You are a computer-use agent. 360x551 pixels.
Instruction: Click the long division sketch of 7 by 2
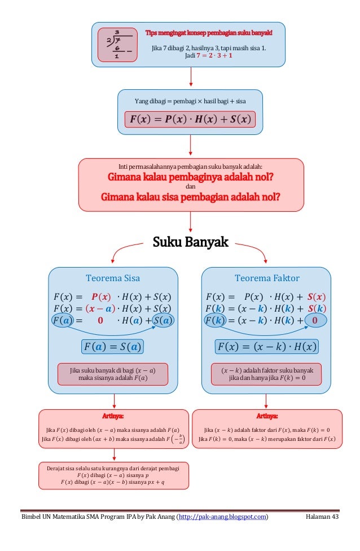click(x=117, y=44)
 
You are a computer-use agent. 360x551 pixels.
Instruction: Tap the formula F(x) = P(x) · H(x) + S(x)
click(x=190, y=120)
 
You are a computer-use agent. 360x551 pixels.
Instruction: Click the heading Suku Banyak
click(x=190, y=243)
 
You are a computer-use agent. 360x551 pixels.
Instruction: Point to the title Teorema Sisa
click(x=113, y=278)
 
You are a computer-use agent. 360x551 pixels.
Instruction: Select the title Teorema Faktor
click(x=267, y=278)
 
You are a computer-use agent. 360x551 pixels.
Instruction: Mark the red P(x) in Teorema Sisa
click(x=100, y=297)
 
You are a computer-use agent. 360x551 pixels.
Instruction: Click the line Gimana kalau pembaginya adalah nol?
click(x=190, y=177)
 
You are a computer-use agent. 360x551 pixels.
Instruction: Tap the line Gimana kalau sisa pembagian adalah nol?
click(x=190, y=198)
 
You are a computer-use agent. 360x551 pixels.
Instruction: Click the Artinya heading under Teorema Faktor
click(x=267, y=417)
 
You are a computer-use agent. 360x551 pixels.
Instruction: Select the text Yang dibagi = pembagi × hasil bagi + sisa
click(x=190, y=101)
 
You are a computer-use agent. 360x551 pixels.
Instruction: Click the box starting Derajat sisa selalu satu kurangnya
click(x=113, y=475)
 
